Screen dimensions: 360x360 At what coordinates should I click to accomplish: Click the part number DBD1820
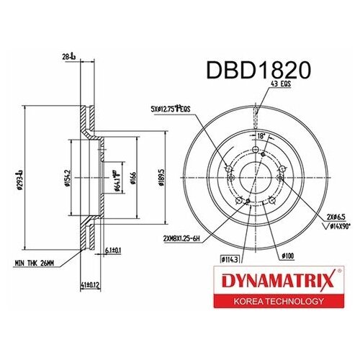click(x=261, y=70)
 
